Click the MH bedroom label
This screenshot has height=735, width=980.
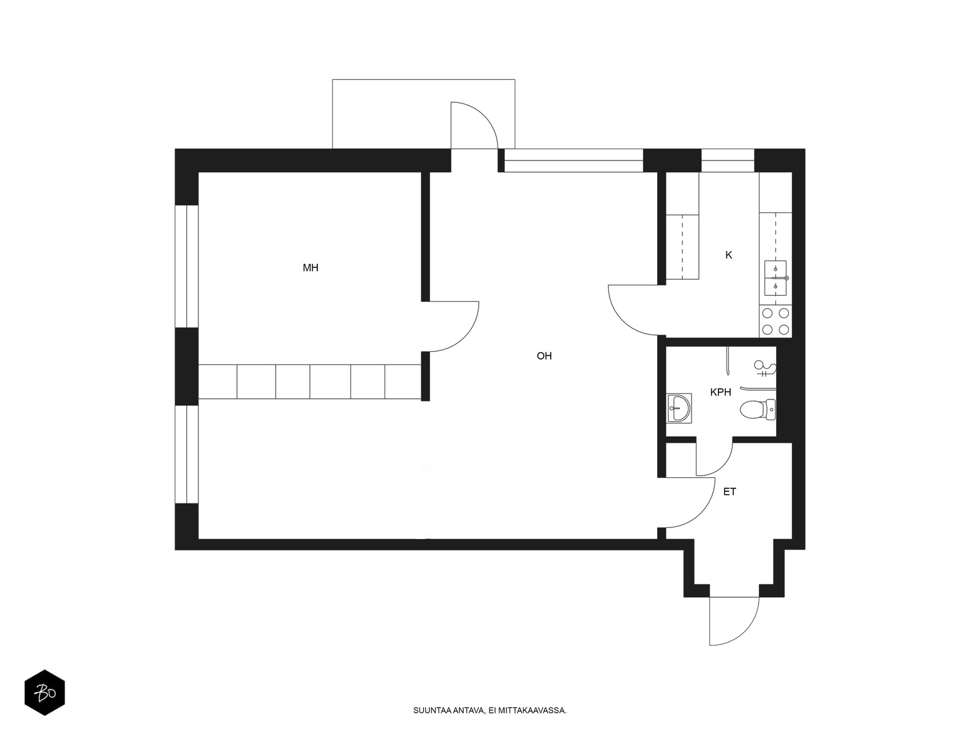point(311,268)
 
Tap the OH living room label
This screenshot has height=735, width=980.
point(544,356)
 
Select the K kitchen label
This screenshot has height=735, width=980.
point(729,255)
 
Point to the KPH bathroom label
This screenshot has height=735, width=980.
point(720,392)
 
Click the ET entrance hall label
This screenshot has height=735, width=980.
point(729,492)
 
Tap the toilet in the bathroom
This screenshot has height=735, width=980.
point(758,410)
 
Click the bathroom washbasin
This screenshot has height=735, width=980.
point(679,408)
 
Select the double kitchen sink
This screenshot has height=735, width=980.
point(775,278)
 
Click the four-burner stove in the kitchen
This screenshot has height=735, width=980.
point(775,322)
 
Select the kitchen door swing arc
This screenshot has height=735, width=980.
point(624,320)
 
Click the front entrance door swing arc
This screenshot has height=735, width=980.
point(745,633)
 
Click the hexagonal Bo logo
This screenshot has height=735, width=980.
point(45,693)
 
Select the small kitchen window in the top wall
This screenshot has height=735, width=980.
point(728,160)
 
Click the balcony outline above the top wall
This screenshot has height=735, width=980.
point(423,80)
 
